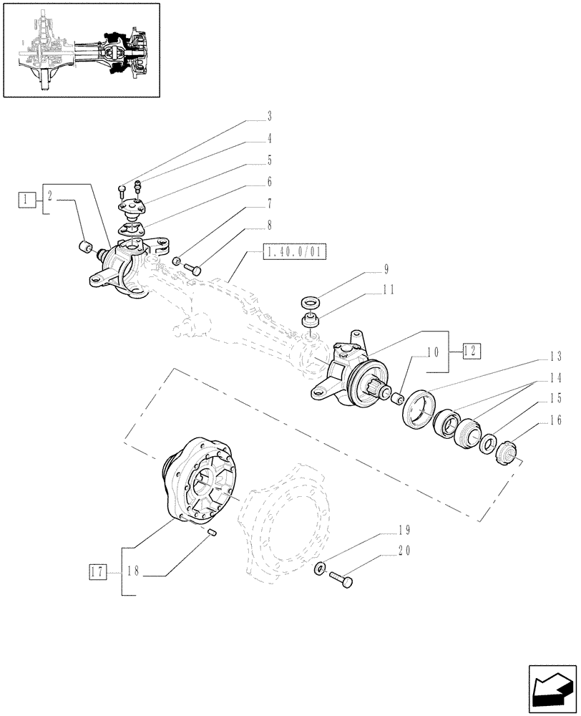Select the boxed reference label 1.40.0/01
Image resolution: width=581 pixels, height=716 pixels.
tap(293, 252)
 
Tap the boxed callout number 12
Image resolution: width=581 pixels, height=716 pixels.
tap(470, 351)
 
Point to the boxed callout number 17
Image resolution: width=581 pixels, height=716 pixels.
tap(97, 571)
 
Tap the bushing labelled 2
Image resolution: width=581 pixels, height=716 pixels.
tap(85, 249)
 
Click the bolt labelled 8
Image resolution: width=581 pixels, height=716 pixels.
tap(195, 270)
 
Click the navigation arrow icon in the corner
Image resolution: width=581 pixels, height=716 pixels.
tap(551, 690)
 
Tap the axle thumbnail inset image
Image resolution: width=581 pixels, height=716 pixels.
tap(80, 49)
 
